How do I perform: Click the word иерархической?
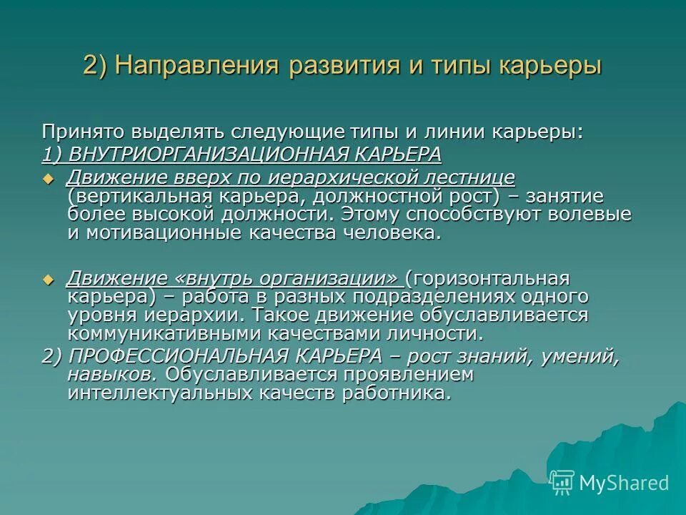336,177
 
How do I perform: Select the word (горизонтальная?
491,278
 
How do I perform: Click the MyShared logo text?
624,483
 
